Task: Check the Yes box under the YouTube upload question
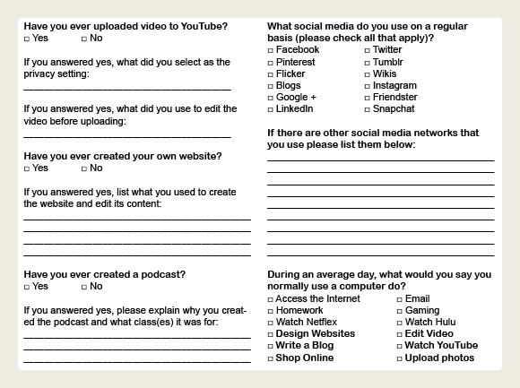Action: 27,39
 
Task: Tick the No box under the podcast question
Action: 84,287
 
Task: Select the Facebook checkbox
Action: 271,50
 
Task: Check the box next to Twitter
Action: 368,50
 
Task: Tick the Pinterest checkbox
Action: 271,62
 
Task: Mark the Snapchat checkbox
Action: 368,109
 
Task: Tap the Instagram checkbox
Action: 368,85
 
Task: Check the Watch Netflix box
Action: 271,323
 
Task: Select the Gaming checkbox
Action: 399,311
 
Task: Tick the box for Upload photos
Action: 399,358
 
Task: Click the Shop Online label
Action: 304,358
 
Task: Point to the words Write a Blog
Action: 305,346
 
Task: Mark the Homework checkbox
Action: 271,311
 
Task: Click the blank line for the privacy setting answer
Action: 126,88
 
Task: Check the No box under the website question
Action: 84,168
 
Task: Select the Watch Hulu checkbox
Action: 399,323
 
